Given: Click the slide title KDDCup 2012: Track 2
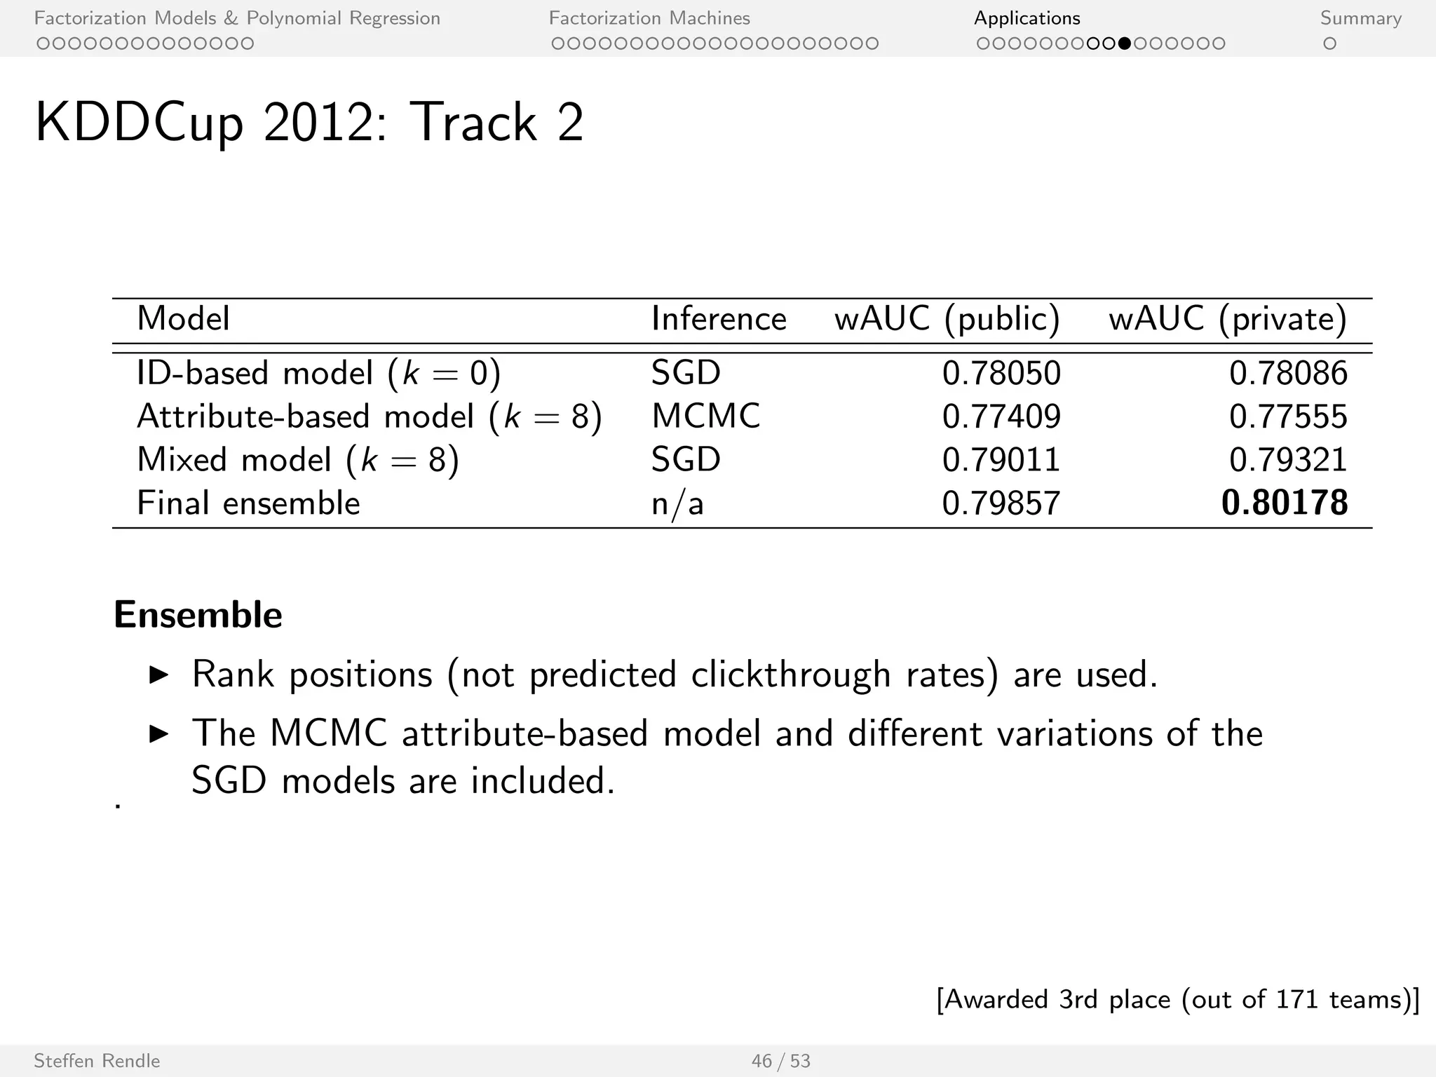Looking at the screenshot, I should click(x=309, y=123).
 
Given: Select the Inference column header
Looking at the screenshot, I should click(x=719, y=319).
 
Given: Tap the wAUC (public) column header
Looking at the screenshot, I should click(x=947, y=319).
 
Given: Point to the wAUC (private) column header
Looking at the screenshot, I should click(x=1228, y=319).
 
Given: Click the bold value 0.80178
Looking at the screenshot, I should click(x=1285, y=503).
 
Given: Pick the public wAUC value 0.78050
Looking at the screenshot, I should click(x=1001, y=372).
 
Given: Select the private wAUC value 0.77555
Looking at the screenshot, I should click(x=1288, y=416).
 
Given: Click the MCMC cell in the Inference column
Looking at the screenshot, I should click(x=705, y=416).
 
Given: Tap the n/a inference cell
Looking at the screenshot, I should click(x=677, y=503).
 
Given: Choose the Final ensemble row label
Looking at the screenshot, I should click(x=248, y=503).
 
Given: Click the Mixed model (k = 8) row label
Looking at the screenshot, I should click(x=298, y=460).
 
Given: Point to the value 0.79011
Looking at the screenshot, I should click(x=1001, y=460).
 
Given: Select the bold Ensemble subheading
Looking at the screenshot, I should click(x=198, y=615).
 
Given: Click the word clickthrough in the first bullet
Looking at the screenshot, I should click(x=791, y=675).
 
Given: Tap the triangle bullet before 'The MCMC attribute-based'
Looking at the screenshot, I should click(x=160, y=734).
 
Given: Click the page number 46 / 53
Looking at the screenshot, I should click(x=780, y=1061).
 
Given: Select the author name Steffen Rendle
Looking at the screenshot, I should click(x=97, y=1061).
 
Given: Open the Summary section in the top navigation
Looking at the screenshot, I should click(x=1360, y=18).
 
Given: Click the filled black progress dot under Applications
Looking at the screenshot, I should click(x=1125, y=43).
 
